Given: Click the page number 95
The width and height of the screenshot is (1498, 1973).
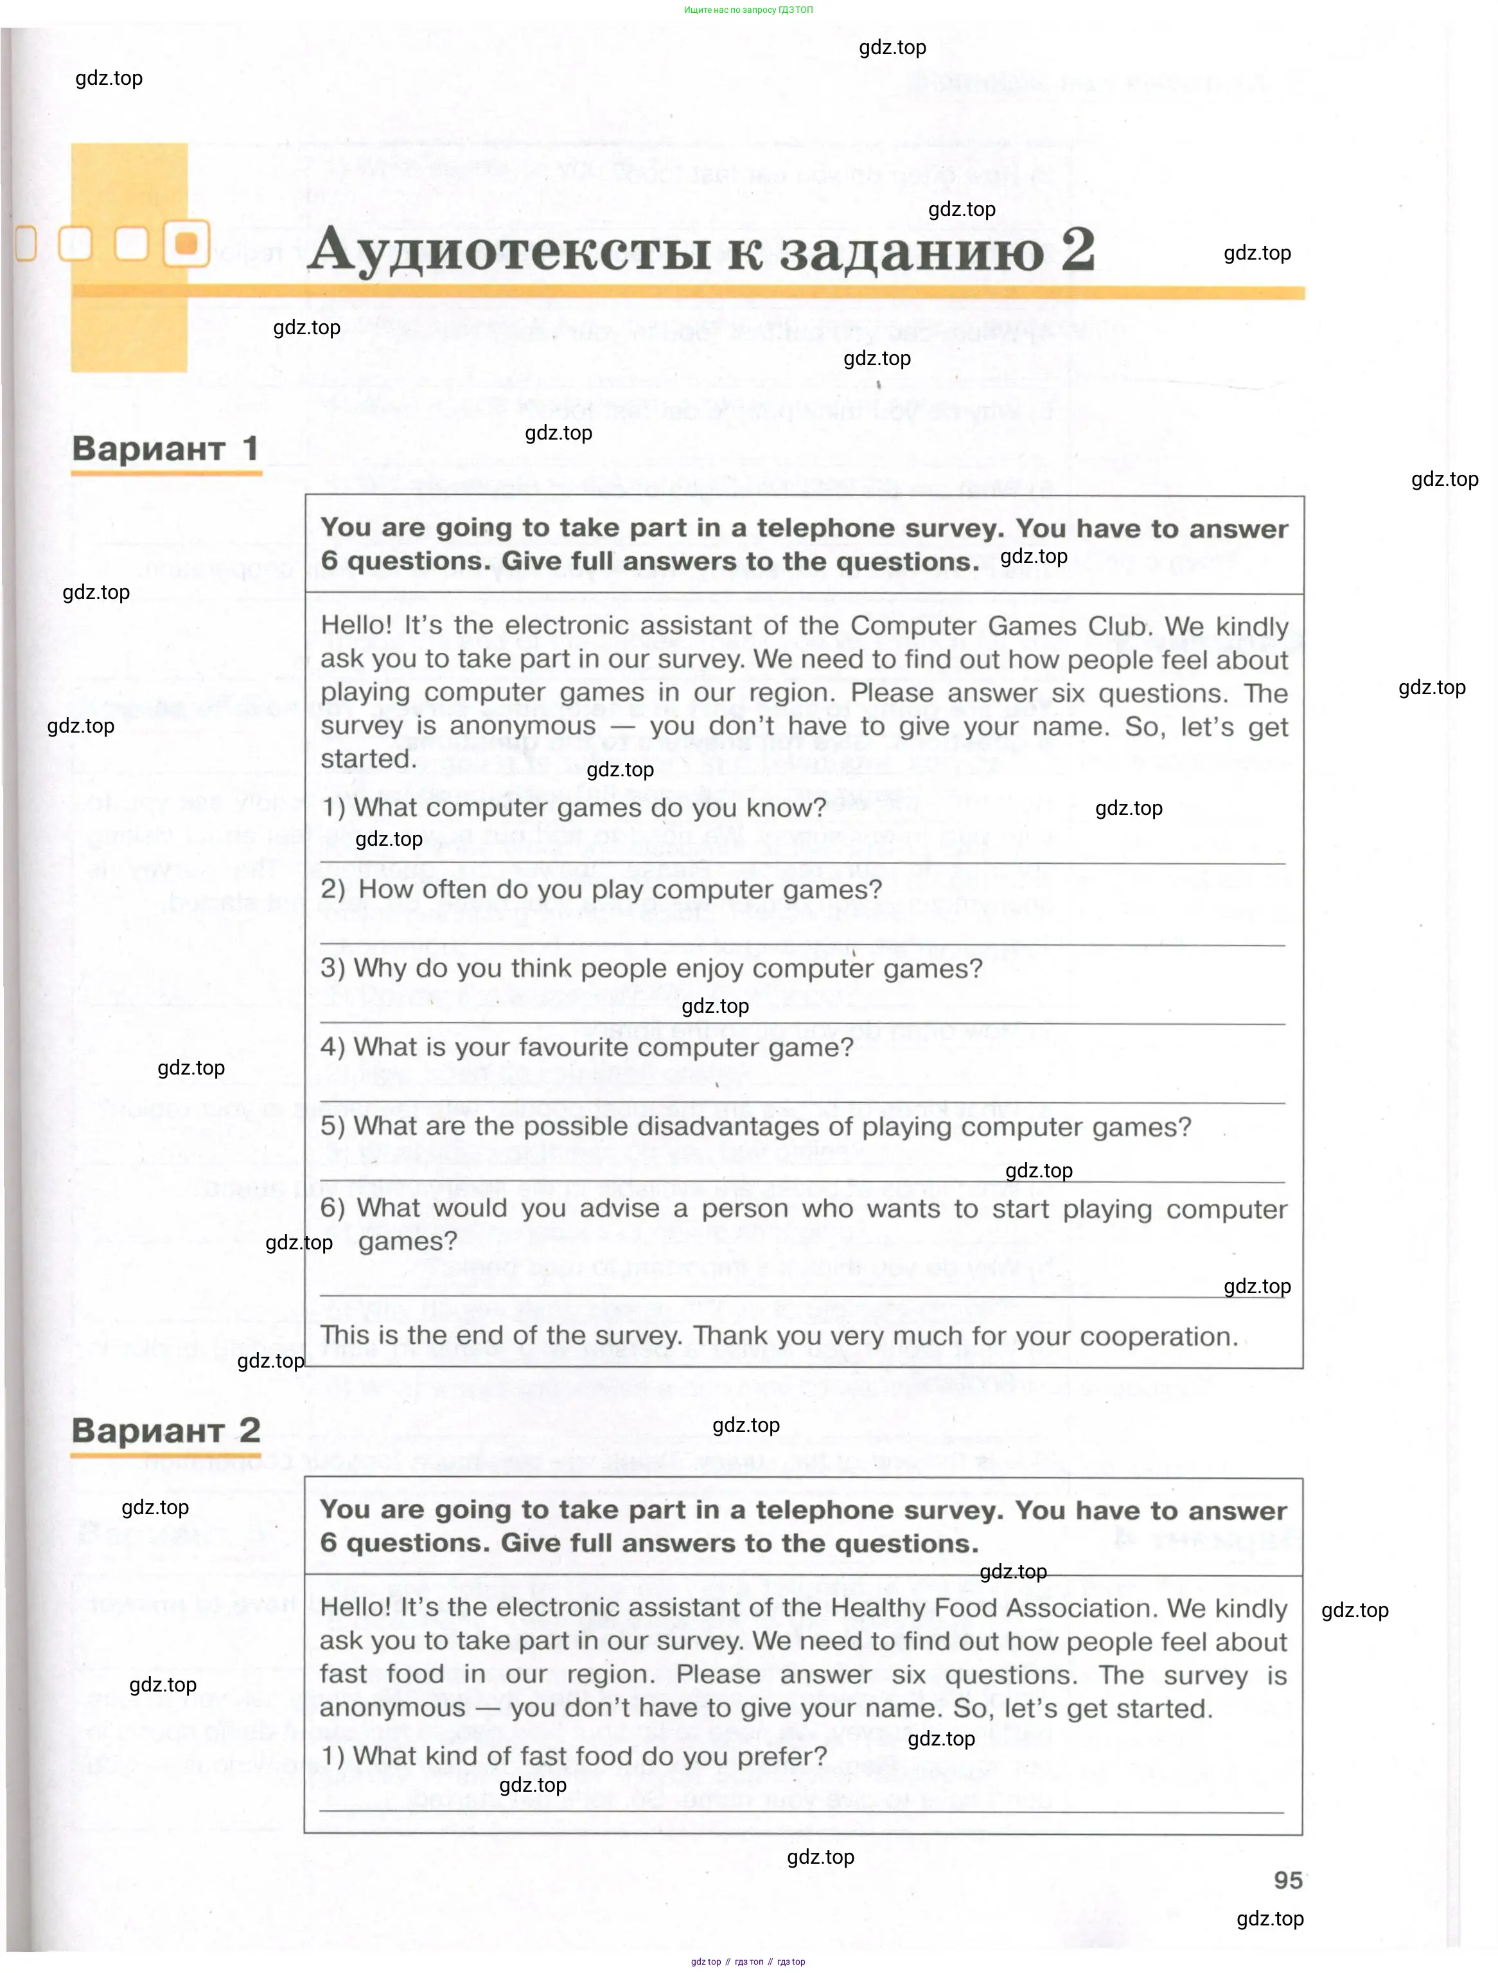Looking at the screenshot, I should click(1287, 1879).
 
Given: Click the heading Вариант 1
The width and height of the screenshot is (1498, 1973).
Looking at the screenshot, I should click(165, 448).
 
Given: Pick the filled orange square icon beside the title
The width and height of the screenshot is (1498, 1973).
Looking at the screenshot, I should click(186, 244).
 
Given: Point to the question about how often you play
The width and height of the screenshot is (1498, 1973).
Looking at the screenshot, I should click(602, 889).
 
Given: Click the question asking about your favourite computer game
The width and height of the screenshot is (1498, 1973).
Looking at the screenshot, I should click(586, 1047).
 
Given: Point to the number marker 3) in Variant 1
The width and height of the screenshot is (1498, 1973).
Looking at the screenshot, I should click(333, 969).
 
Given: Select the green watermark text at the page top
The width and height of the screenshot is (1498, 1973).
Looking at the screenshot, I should click(748, 10).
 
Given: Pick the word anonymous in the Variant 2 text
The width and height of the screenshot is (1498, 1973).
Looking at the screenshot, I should click(392, 1708).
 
